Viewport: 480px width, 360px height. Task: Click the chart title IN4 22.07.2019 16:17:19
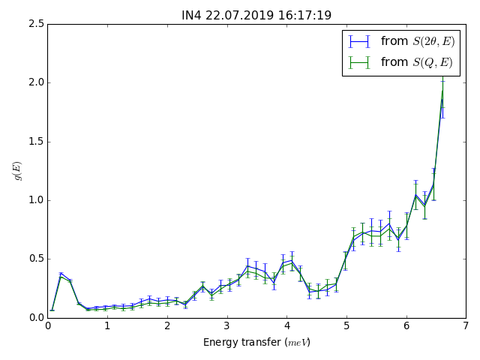256,15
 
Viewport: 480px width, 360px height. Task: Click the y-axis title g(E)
17,171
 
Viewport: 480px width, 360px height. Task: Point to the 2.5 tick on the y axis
35,24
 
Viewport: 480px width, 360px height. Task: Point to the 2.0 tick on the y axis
35,82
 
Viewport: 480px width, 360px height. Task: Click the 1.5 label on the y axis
35,141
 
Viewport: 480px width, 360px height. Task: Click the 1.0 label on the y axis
35,200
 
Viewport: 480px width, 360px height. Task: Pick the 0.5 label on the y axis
35,259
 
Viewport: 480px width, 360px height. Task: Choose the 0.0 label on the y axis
35,317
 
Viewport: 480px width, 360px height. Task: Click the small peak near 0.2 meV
61,274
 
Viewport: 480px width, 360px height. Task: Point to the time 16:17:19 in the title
305,15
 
